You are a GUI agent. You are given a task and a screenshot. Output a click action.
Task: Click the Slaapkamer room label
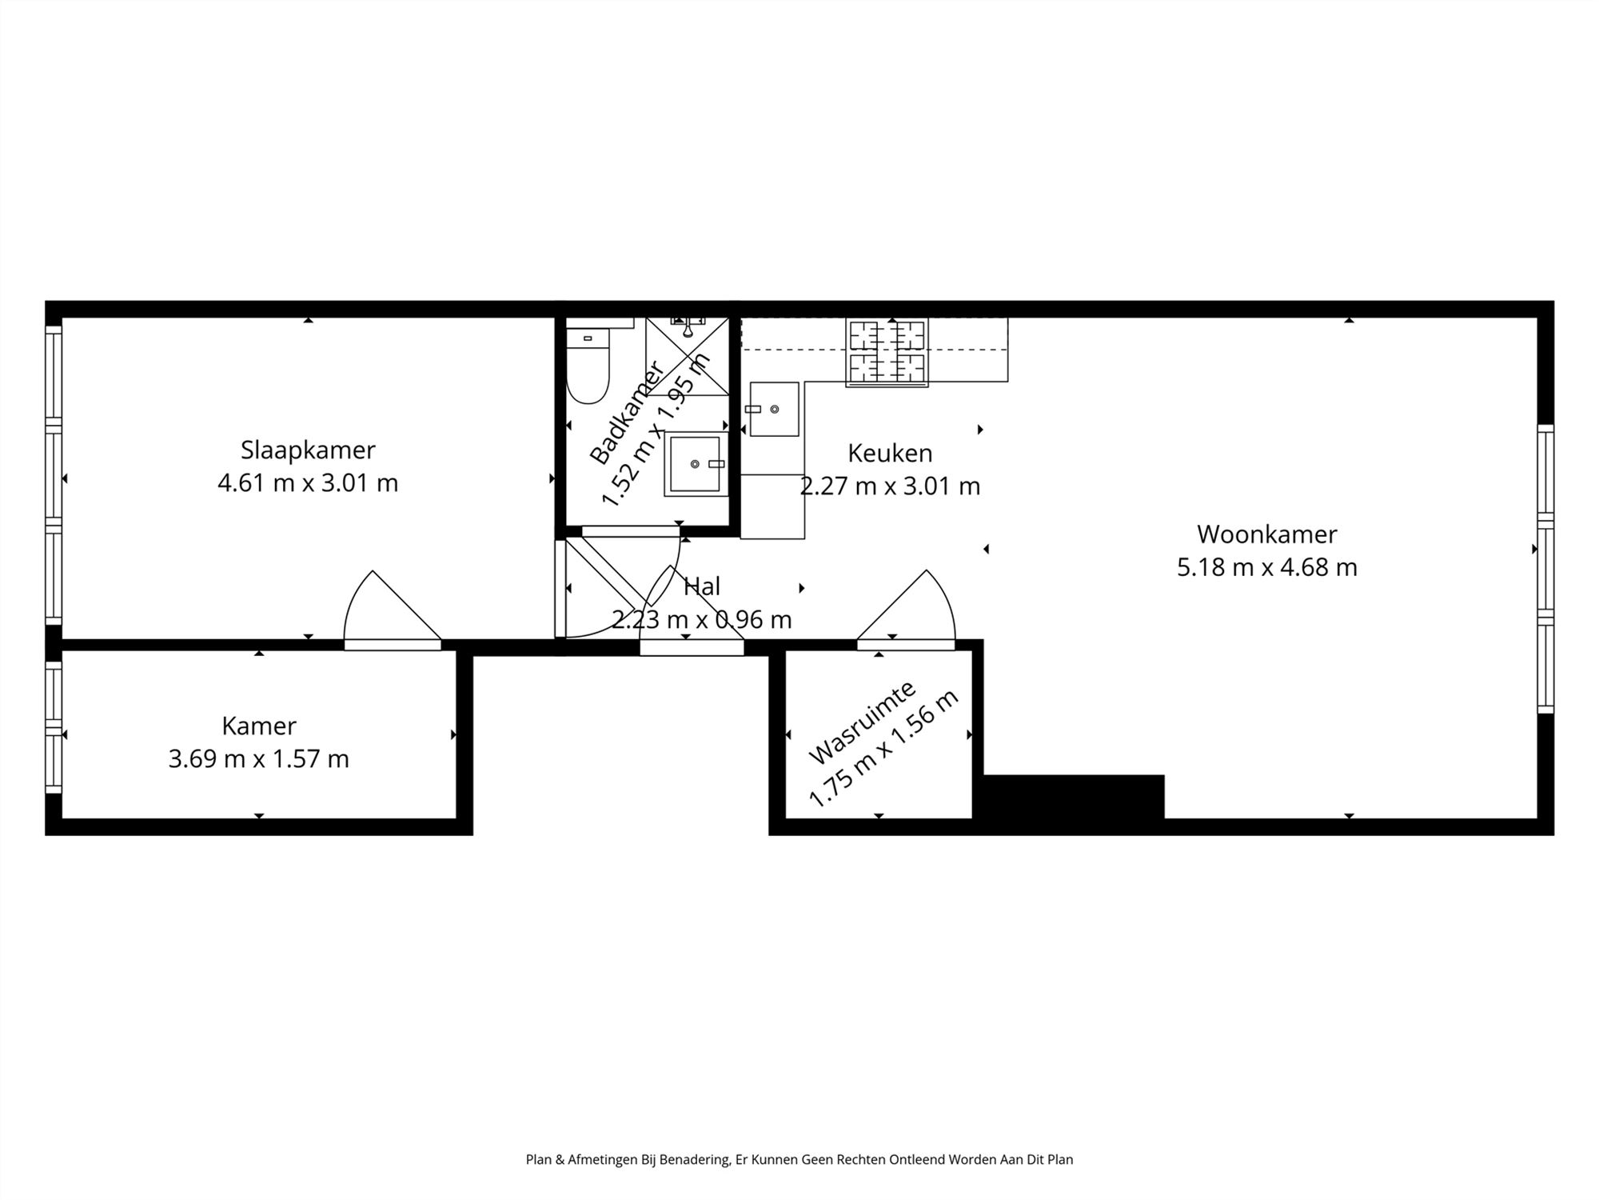(308, 450)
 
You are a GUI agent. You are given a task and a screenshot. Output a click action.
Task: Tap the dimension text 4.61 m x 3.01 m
(308, 483)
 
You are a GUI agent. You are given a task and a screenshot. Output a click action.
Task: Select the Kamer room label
(259, 726)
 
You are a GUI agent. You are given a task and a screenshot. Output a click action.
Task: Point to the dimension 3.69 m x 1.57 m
(259, 758)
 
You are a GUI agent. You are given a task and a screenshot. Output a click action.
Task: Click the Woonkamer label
(1266, 534)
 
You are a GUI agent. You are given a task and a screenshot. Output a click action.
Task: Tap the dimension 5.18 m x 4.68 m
(1266, 567)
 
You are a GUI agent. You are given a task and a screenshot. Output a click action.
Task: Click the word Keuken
(890, 453)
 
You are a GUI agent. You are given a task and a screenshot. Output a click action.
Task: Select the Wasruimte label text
(862, 722)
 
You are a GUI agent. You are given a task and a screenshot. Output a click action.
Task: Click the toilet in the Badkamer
(588, 368)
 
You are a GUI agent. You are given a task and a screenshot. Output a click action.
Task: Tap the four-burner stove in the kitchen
(887, 352)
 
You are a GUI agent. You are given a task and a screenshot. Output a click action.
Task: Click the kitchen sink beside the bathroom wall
(774, 409)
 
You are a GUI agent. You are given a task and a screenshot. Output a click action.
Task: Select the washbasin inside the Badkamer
(695, 464)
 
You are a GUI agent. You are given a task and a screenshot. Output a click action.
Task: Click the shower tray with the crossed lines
(688, 356)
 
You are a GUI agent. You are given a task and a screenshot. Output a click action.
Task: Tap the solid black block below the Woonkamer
(1073, 796)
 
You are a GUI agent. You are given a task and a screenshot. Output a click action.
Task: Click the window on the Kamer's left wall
(54, 726)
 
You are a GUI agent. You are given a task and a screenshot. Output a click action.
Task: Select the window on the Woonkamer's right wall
(1545, 569)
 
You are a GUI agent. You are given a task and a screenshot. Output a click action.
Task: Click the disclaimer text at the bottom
(799, 1159)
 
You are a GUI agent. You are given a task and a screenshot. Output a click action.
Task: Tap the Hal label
(702, 586)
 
